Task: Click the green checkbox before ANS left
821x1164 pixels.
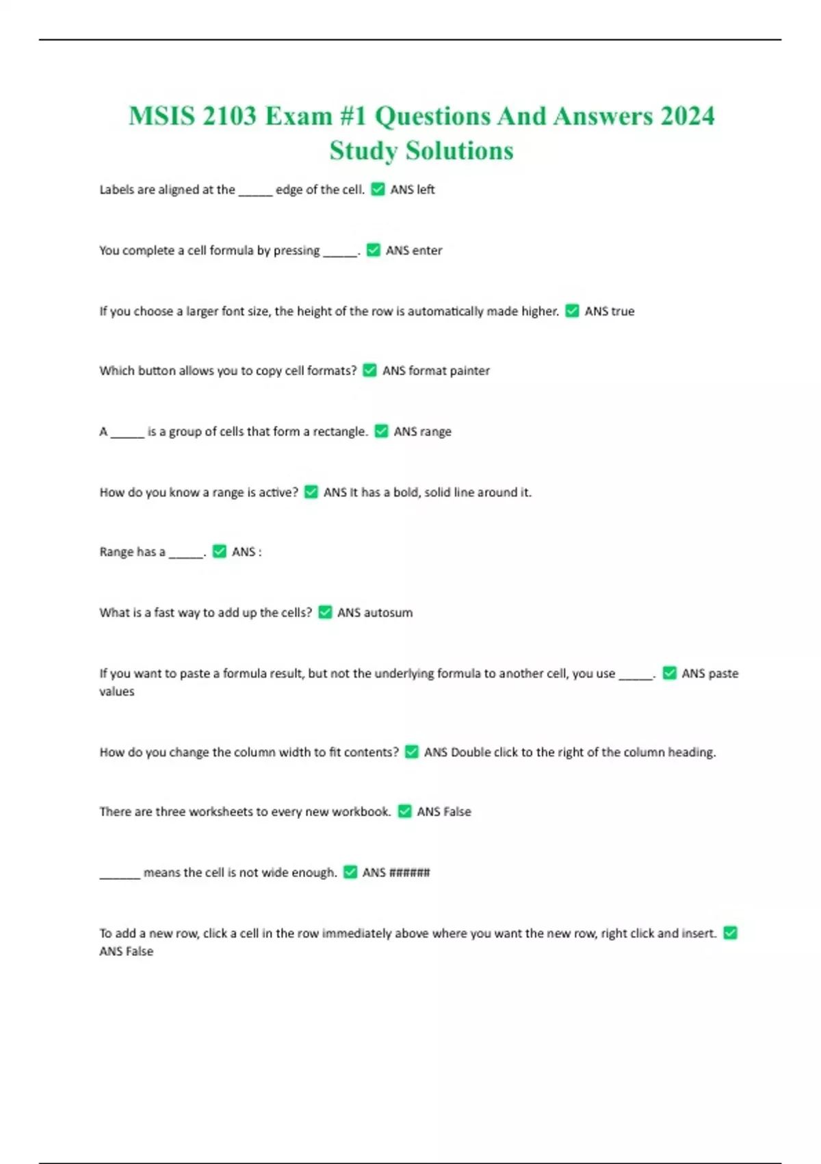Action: [x=378, y=189]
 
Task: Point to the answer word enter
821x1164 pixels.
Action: [x=428, y=251]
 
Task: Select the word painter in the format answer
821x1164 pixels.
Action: [x=469, y=370]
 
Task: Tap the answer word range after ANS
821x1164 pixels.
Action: [x=436, y=431]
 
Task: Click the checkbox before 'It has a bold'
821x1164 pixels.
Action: [x=311, y=492]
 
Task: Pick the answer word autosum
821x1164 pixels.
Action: [x=388, y=613]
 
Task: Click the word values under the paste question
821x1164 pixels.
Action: [x=117, y=692]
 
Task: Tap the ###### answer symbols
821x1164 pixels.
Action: [x=409, y=872]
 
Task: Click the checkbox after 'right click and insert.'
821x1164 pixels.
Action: [x=731, y=933]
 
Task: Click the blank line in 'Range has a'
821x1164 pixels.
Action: [x=185, y=555]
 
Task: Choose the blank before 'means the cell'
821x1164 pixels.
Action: [x=120, y=876]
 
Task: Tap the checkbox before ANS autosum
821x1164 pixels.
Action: [x=325, y=612]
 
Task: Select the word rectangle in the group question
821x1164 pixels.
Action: [x=339, y=431]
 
